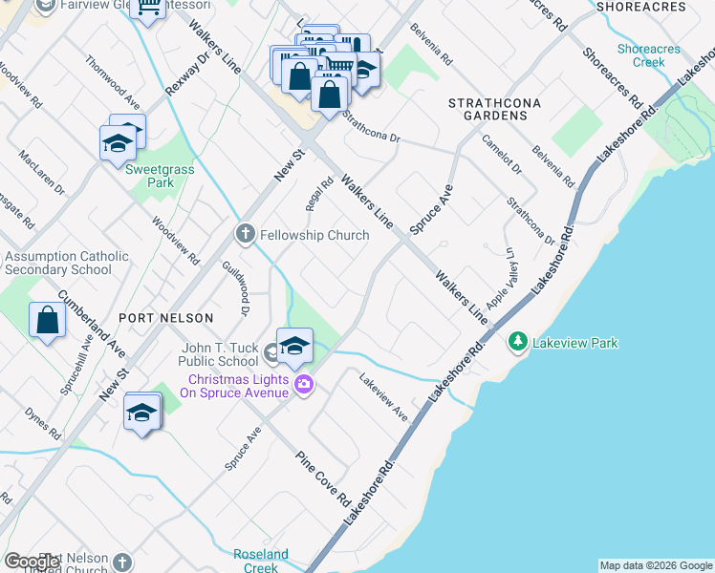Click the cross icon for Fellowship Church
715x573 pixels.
tap(246, 234)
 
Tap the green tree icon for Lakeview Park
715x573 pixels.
tap(518, 341)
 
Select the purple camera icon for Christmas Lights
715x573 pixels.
tap(304, 384)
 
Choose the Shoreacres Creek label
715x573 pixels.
tap(640, 55)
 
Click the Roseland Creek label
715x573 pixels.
tap(261, 561)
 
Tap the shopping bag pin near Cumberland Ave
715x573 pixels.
tap(47, 322)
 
